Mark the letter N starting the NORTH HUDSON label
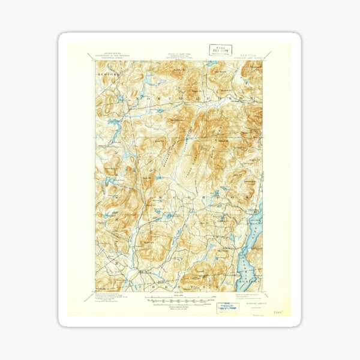coord(142,96)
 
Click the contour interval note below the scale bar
coord(178,307)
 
